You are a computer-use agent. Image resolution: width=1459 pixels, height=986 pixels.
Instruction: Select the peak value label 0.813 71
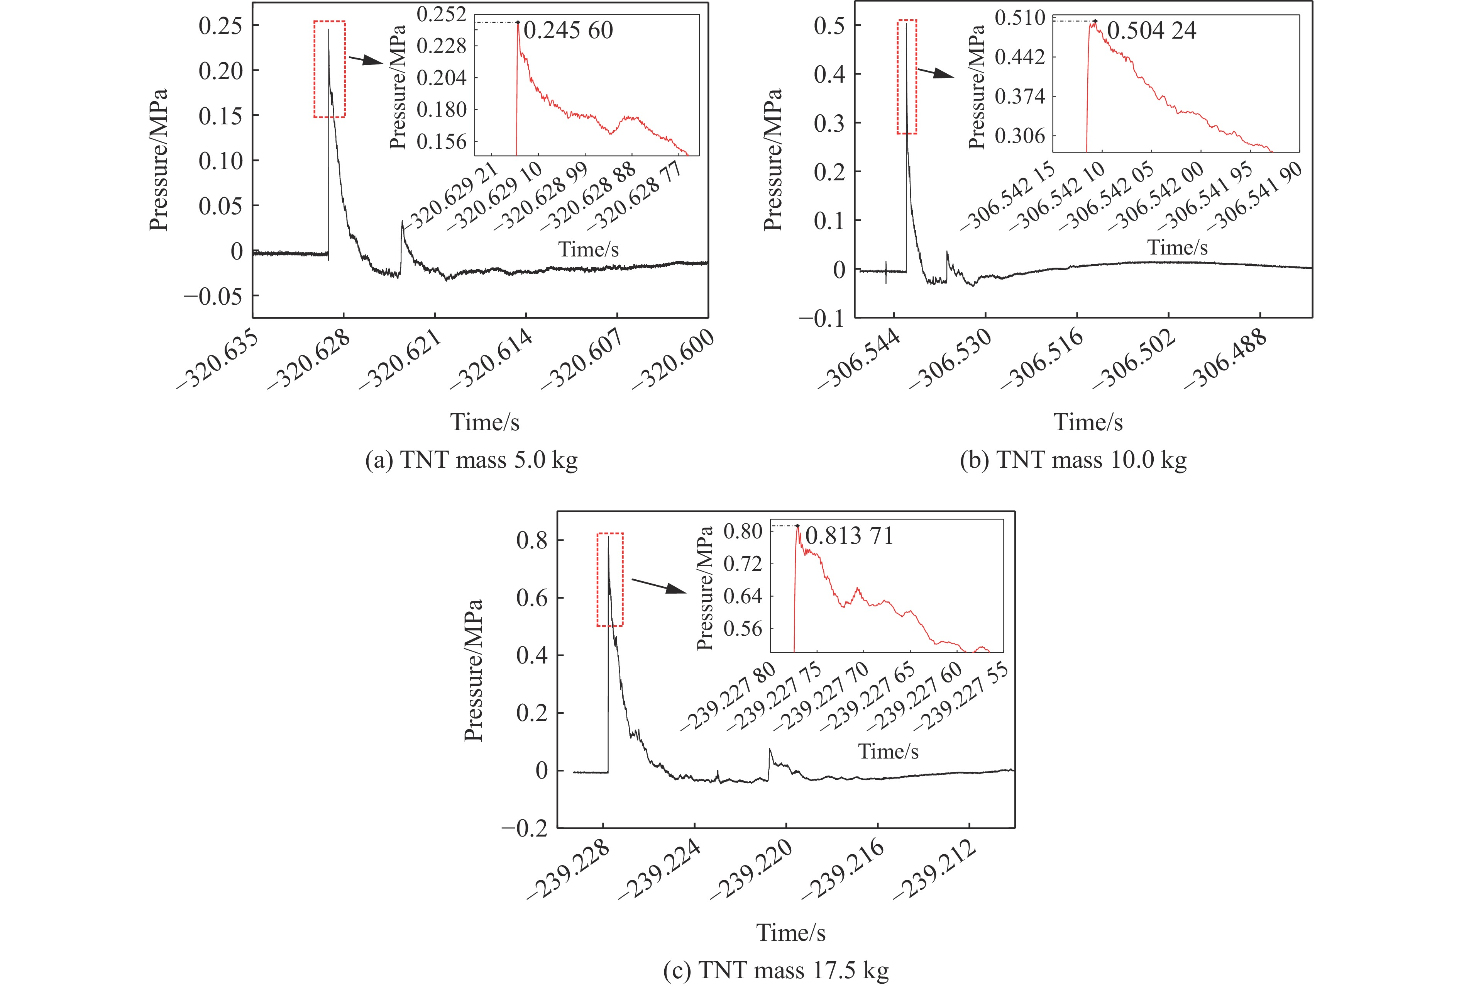[x=849, y=536]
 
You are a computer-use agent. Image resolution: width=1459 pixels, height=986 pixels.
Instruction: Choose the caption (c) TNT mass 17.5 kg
[x=776, y=970]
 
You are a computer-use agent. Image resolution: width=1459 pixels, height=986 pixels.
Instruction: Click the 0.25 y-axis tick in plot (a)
[x=220, y=26]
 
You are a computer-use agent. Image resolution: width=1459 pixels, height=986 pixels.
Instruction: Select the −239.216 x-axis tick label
[x=845, y=870]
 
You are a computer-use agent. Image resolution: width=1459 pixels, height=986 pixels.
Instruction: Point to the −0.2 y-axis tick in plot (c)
[x=525, y=828]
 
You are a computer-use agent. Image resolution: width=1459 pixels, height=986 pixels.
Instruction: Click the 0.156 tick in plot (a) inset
[x=441, y=141]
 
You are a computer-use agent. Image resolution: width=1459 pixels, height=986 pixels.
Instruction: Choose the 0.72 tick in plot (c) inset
[x=742, y=563]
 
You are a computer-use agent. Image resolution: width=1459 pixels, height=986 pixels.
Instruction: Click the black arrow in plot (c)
[x=659, y=586]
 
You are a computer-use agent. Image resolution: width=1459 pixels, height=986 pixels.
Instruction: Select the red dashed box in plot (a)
[x=330, y=69]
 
